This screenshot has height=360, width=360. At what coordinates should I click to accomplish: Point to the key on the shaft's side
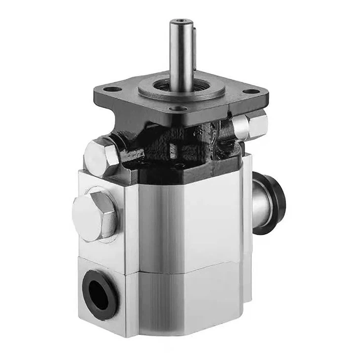[x=195, y=47]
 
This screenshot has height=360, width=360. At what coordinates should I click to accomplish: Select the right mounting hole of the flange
[x=252, y=91]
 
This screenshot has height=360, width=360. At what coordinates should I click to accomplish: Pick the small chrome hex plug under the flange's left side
[x=102, y=157]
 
